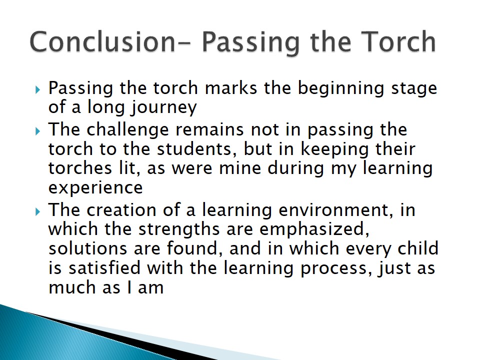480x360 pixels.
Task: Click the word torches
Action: click(80, 168)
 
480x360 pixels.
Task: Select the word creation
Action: click(121, 210)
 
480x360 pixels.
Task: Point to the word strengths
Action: click(179, 230)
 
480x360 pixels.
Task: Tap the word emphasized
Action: click(314, 230)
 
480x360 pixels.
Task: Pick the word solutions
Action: click(88, 248)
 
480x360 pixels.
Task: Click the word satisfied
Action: click(104, 267)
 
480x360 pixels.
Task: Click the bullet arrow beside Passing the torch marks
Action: click(37, 89)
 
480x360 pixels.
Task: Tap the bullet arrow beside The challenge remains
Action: click(37, 131)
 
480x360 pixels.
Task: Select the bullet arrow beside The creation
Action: click(37, 211)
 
